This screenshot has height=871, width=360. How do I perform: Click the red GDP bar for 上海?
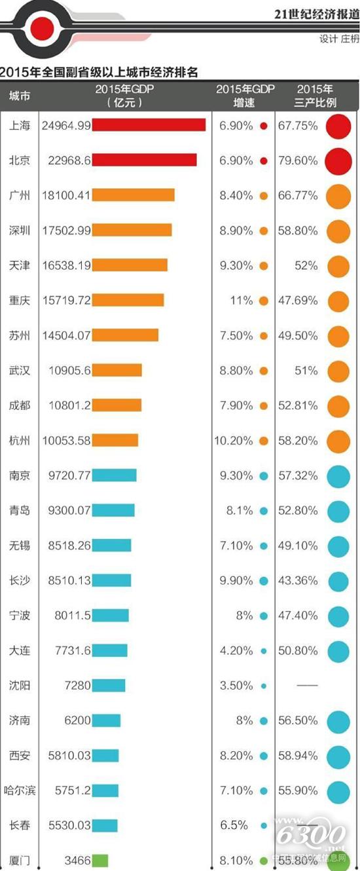click(x=149, y=125)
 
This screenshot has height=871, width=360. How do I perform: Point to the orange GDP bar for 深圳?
click(x=132, y=230)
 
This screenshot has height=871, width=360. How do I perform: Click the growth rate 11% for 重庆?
click(x=240, y=301)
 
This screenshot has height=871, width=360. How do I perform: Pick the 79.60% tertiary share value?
click(x=298, y=160)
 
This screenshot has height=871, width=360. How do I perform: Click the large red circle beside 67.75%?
click(x=338, y=126)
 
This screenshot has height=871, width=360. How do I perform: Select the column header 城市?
click(x=19, y=96)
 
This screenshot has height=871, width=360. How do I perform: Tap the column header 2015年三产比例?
click(x=316, y=96)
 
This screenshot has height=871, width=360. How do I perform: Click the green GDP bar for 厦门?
click(x=100, y=861)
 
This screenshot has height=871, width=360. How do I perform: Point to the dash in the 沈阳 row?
click(x=307, y=686)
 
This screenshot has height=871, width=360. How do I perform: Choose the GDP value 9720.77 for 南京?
click(x=68, y=475)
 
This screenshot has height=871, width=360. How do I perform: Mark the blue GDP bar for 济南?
click(x=106, y=720)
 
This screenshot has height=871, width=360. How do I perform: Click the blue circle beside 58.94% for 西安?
click(x=338, y=756)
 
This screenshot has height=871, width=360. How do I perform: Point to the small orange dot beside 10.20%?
click(x=264, y=441)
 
